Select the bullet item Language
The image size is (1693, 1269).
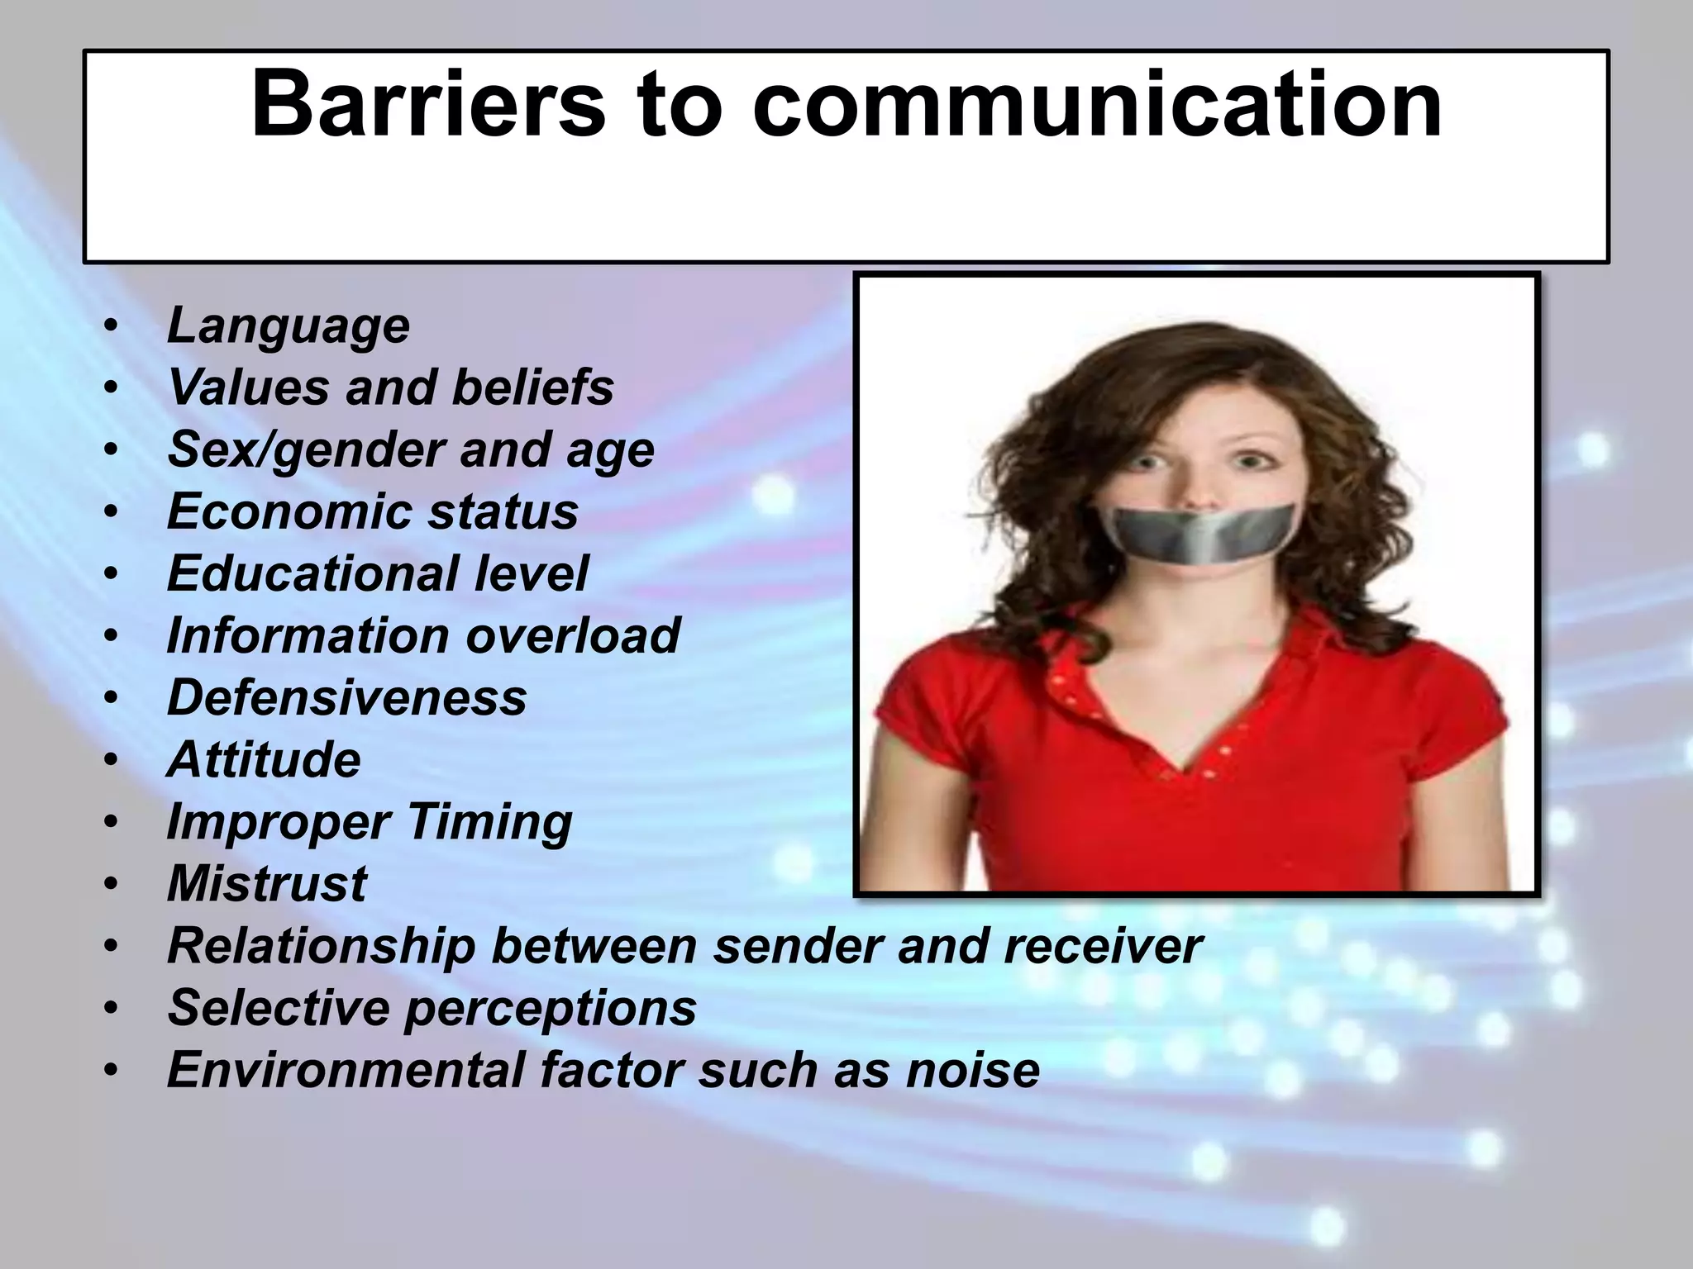288,326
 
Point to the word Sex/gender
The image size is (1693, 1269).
306,450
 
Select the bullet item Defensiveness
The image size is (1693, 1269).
346,697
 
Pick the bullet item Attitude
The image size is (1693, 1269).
264,759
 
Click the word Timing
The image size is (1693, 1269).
489,822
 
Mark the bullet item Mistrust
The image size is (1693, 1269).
267,884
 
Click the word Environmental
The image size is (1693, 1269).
346,1070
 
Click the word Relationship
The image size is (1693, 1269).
322,946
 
